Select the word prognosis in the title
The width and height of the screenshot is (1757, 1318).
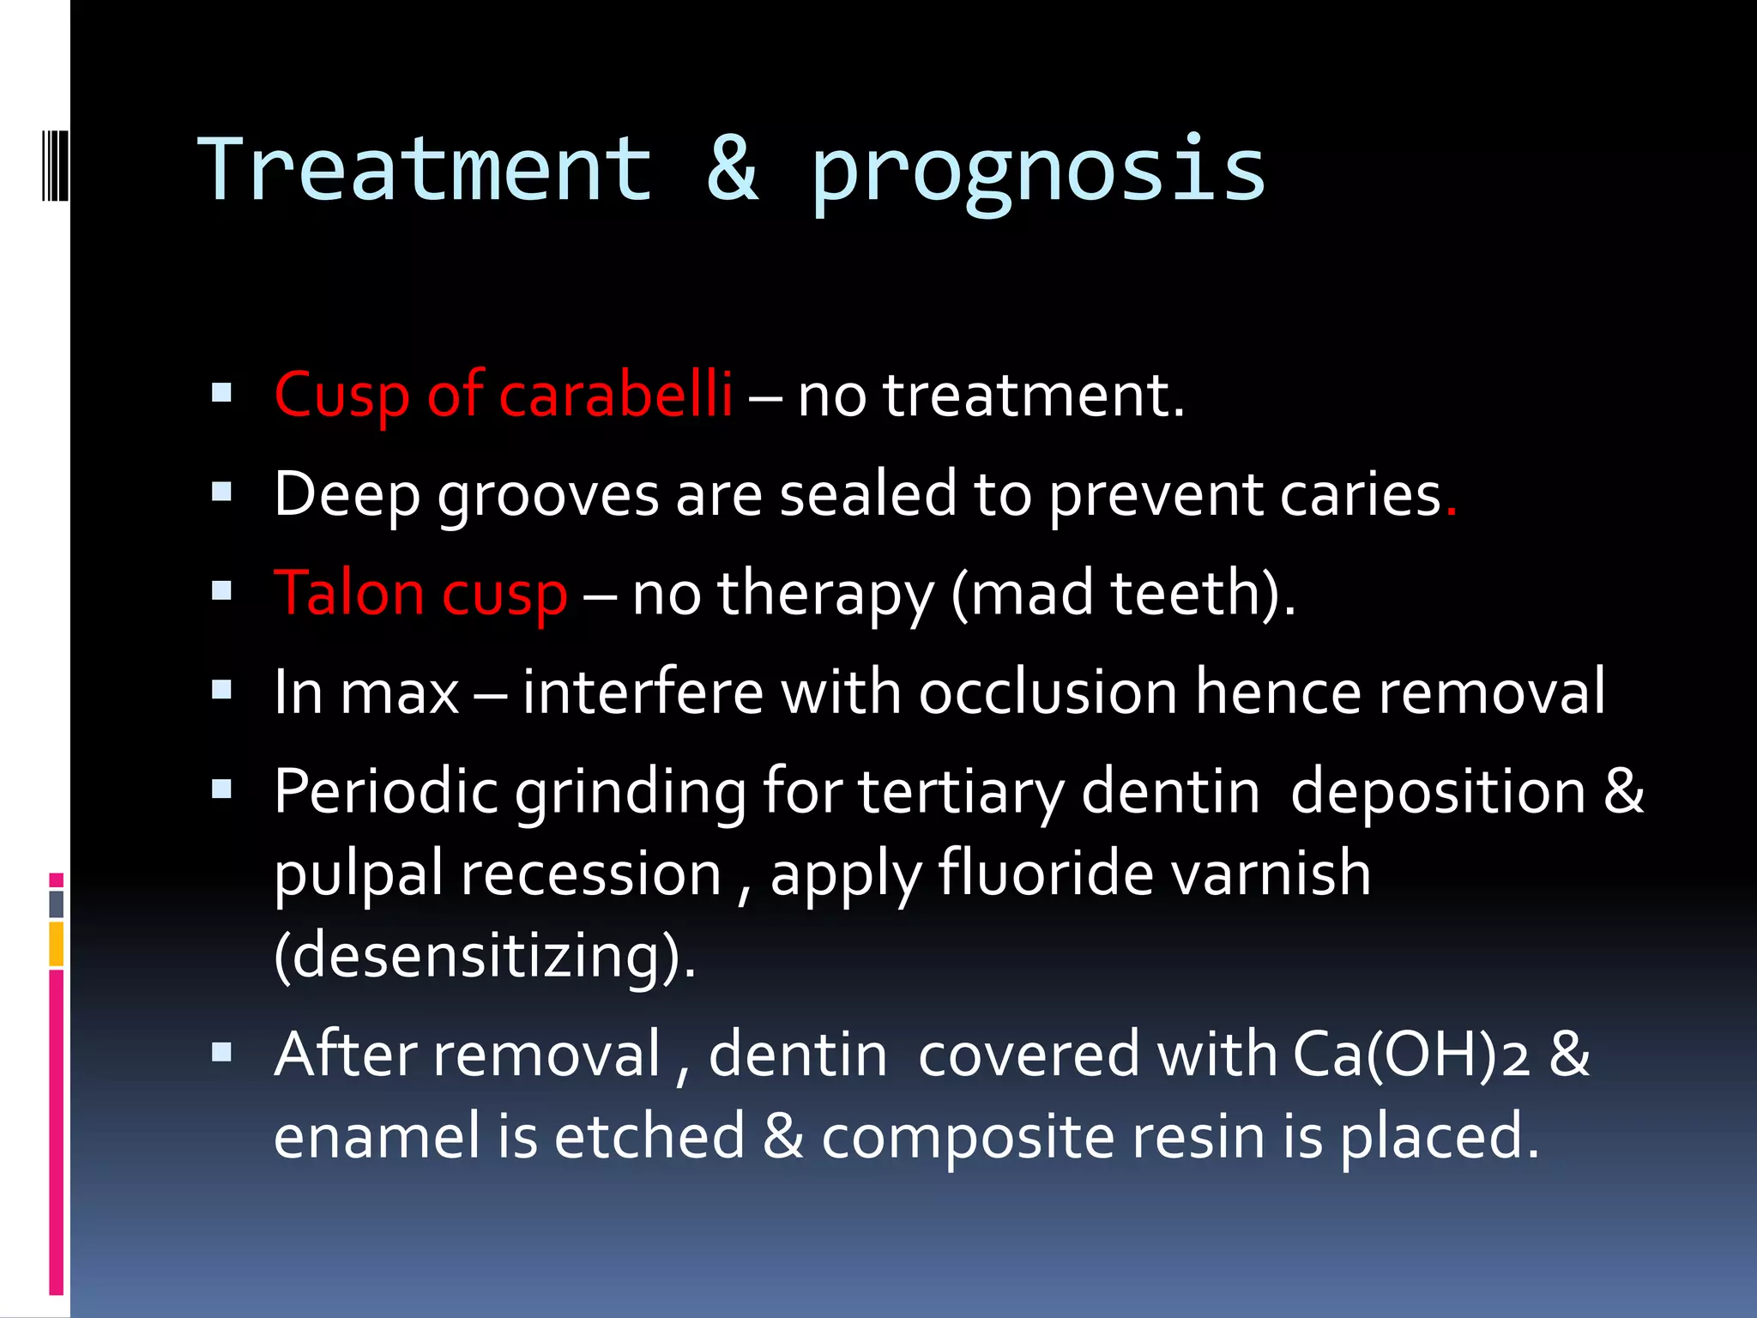point(1038,176)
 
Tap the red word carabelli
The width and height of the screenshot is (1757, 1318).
point(615,396)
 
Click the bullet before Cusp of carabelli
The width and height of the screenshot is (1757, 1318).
point(222,393)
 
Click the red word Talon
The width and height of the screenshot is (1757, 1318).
point(348,593)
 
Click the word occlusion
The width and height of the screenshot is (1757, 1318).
point(1048,692)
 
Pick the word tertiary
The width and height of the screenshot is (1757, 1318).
point(961,792)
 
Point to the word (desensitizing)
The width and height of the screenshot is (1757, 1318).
point(485,957)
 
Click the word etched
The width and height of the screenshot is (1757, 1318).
point(649,1137)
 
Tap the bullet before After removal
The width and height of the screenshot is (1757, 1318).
point(222,1052)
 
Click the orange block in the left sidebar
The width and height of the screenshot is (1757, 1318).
point(57,944)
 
